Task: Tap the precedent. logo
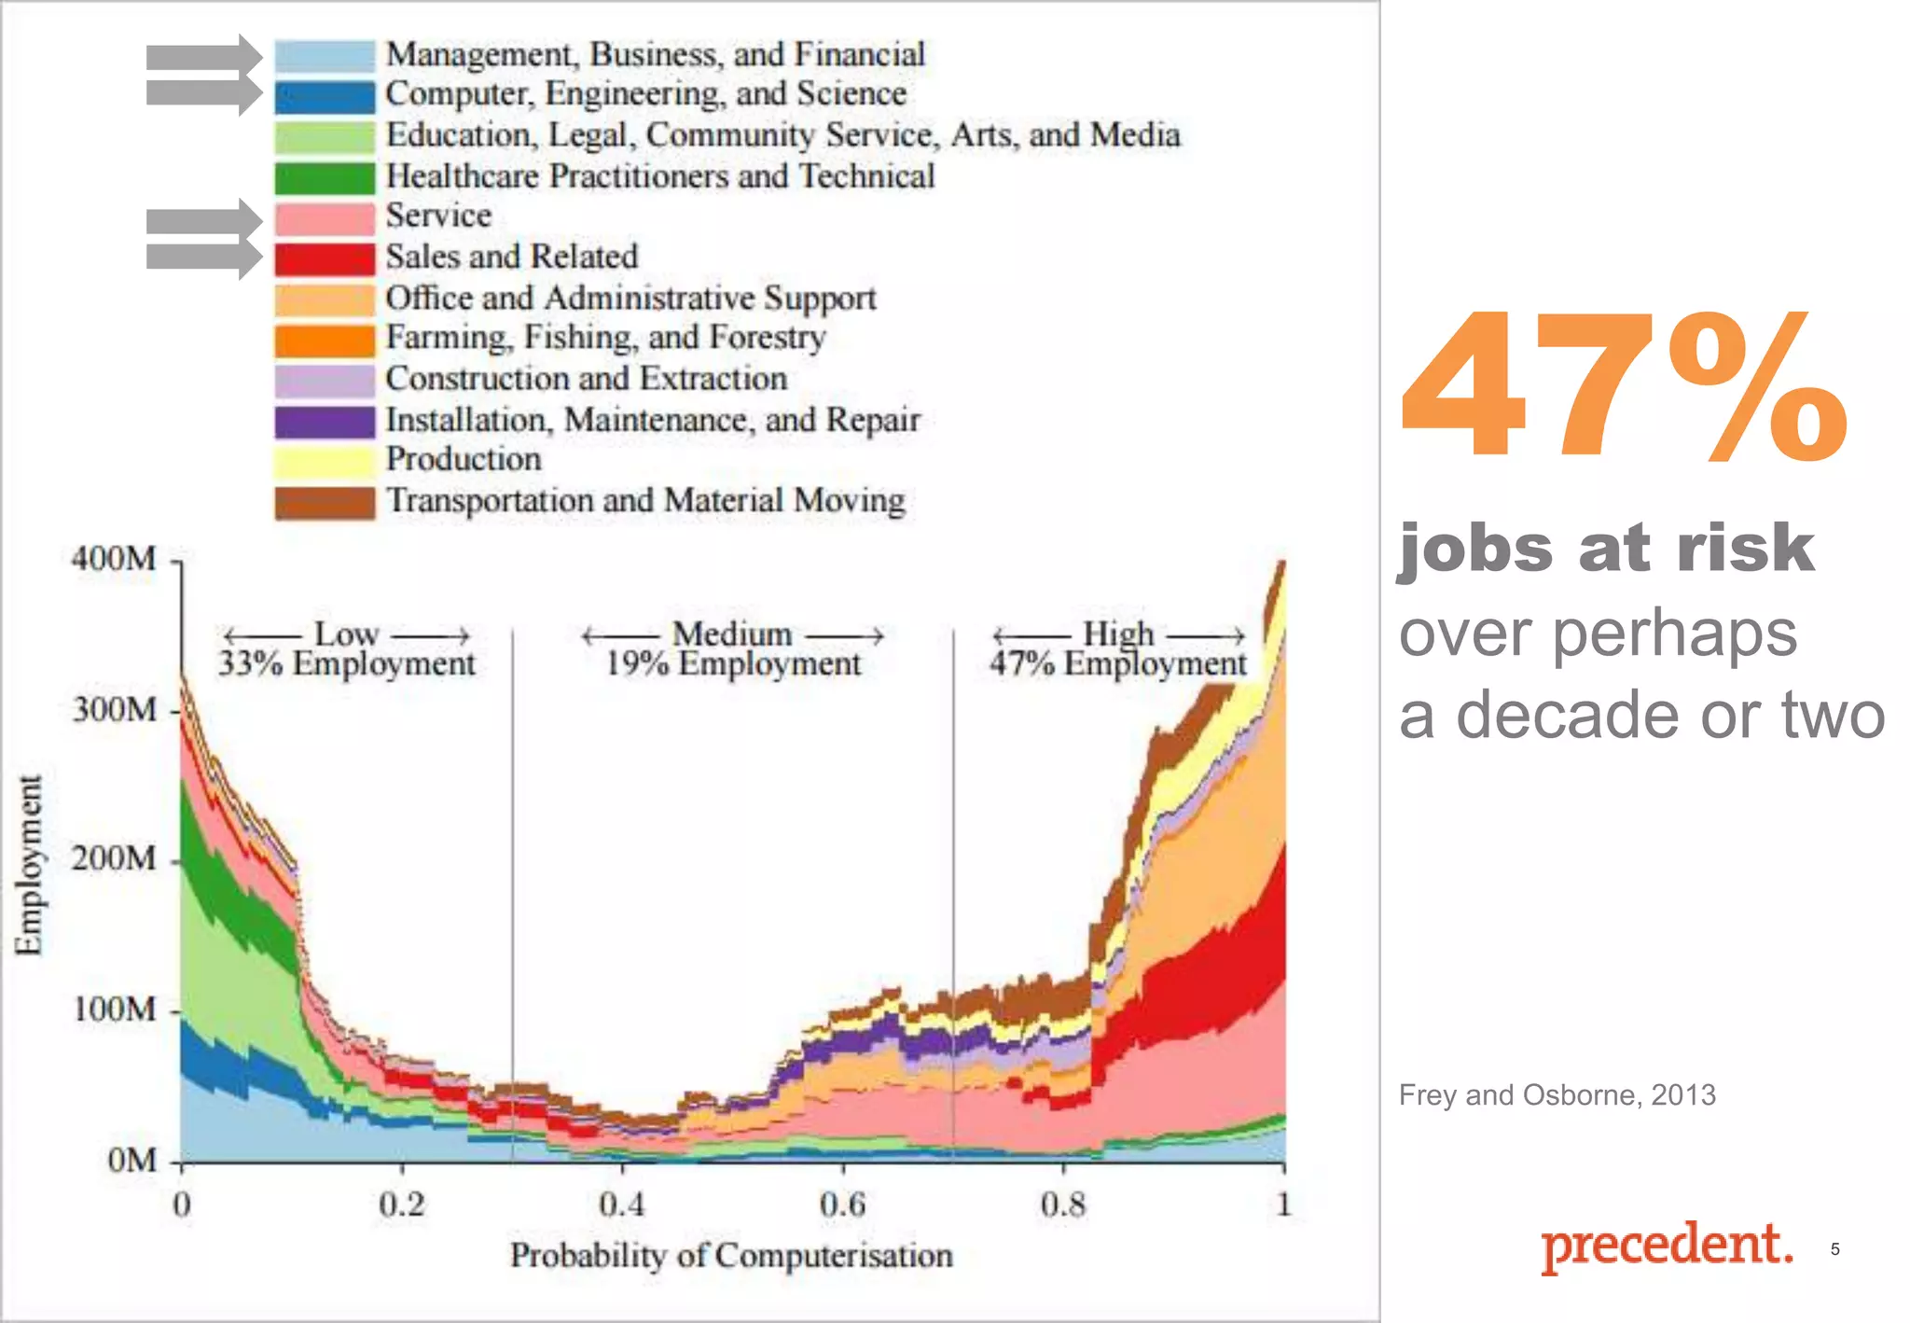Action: click(1666, 1245)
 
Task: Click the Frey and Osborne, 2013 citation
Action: click(1557, 1094)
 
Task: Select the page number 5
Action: click(1834, 1249)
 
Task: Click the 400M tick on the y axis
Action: click(114, 559)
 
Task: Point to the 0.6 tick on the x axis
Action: click(842, 1204)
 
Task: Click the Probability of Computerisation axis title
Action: click(731, 1256)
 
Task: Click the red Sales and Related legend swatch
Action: click(325, 258)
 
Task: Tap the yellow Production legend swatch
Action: click(325, 461)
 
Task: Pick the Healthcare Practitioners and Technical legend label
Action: click(660, 176)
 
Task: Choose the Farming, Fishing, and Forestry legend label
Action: click(606, 337)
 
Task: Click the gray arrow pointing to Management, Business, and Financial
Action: click(203, 57)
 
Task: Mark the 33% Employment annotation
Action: click(346, 663)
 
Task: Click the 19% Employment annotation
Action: click(733, 663)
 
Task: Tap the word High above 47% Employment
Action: click(1117, 634)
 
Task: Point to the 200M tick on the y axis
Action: click(114, 858)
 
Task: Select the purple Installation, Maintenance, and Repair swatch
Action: click(325, 422)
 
